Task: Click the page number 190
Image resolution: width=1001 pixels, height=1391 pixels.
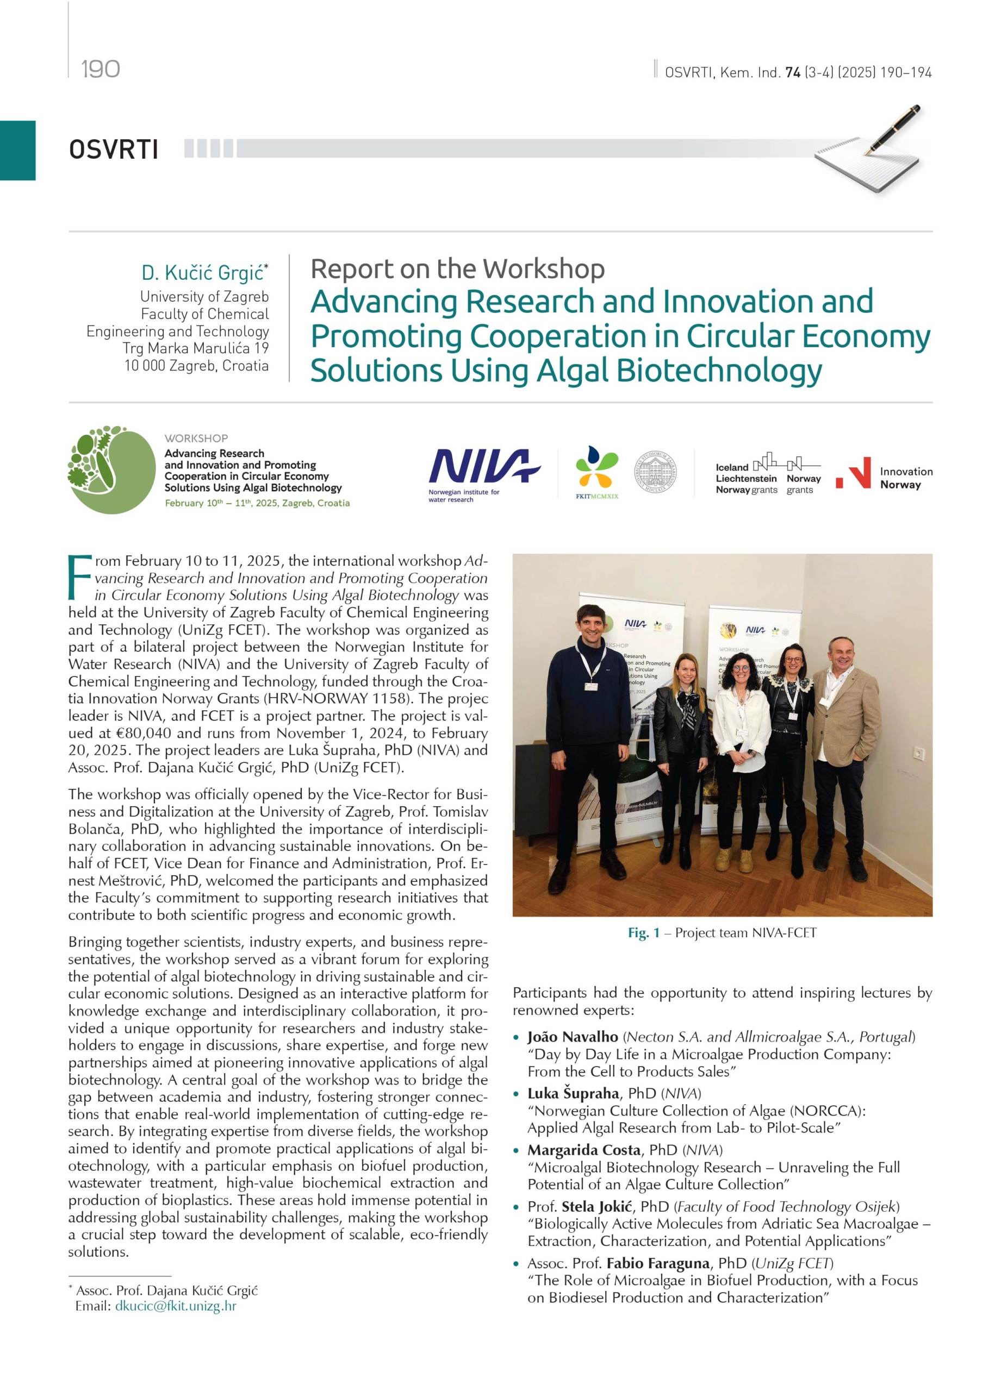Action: click(100, 68)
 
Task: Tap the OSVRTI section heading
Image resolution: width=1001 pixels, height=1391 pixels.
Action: click(114, 149)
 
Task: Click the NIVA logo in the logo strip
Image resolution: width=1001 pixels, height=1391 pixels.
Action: click(483, 467)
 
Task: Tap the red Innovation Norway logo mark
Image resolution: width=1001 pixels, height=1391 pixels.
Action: click(854, 473)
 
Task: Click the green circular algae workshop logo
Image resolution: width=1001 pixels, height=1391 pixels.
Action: click(111, 470)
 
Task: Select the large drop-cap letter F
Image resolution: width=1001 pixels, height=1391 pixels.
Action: click(80, 577)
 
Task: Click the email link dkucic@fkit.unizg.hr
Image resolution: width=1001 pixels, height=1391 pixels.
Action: click(176, 1306)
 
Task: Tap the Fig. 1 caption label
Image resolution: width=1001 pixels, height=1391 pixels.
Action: click(643, 933)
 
